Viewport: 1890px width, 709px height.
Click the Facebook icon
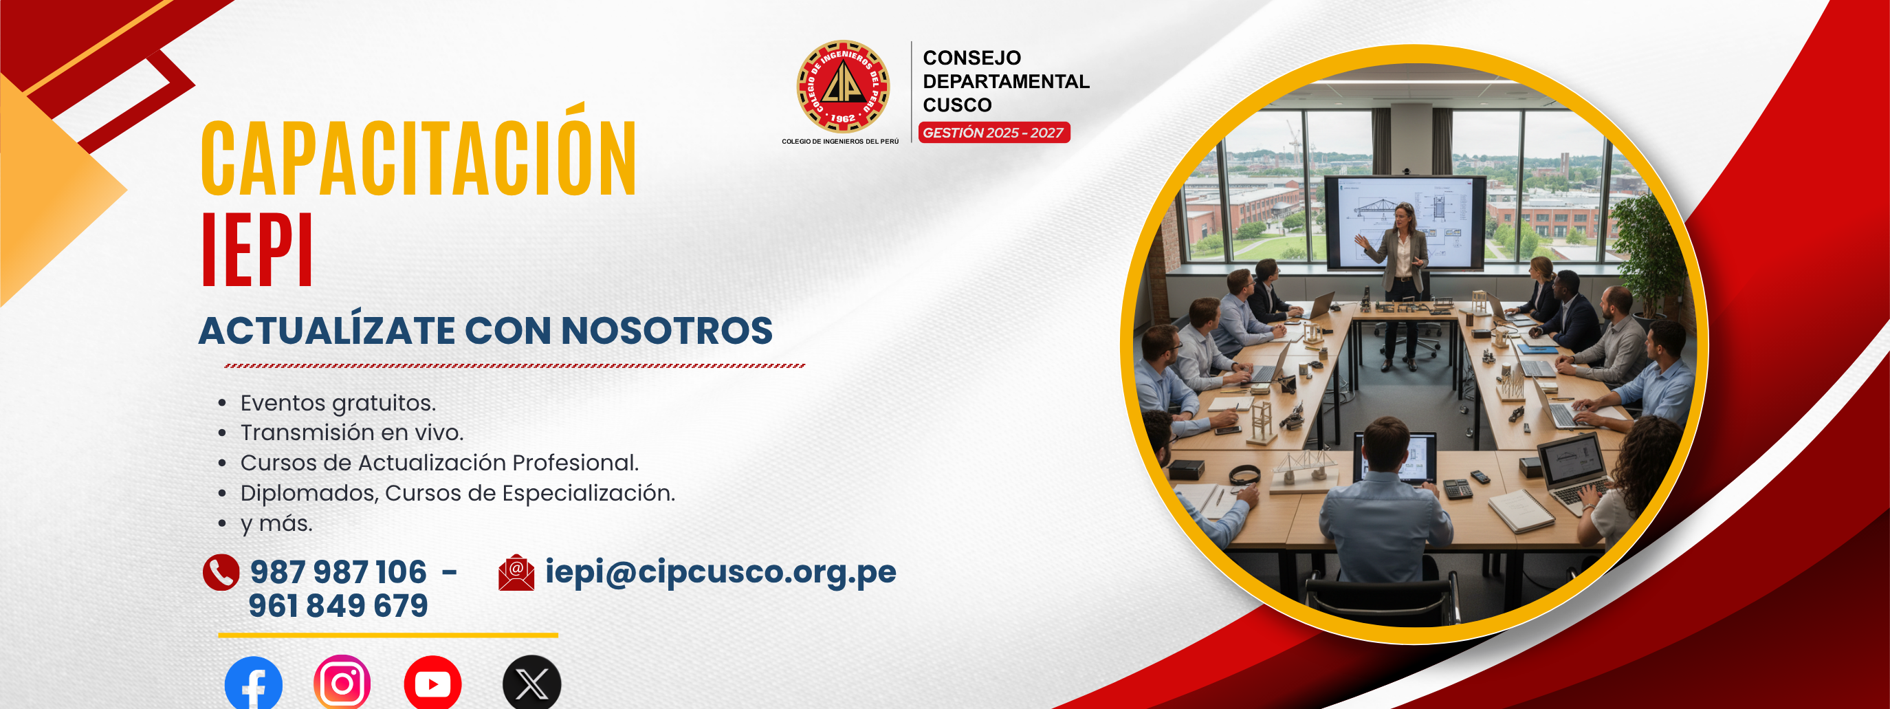pos(253,684)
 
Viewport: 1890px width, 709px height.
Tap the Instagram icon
pos(342,683)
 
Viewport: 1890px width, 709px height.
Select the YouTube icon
pos(433,684)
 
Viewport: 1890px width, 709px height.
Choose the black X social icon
pos(532,684)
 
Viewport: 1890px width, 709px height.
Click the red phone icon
pos(221,572)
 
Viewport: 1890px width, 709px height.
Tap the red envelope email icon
pos(516,572)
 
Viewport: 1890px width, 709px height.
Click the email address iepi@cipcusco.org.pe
pos(721,571)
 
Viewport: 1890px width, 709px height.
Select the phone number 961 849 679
pos(338,606)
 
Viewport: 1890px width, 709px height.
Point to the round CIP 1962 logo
pos(843,86)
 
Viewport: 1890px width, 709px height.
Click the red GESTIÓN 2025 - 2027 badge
pos(994,133)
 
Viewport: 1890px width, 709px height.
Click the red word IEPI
pos(258,250)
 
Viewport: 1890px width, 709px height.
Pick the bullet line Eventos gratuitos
pos(338,403)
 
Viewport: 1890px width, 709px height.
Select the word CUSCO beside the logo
pos(958,105)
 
